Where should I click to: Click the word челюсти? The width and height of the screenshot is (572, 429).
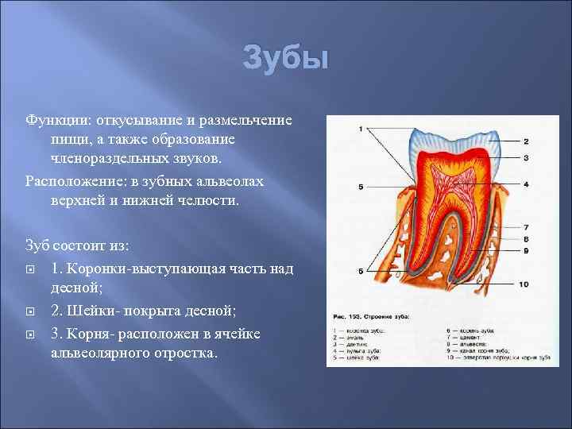210,202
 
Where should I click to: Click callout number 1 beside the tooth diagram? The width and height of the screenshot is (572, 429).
361,129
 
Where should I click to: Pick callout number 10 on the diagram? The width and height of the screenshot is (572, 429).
524,284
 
